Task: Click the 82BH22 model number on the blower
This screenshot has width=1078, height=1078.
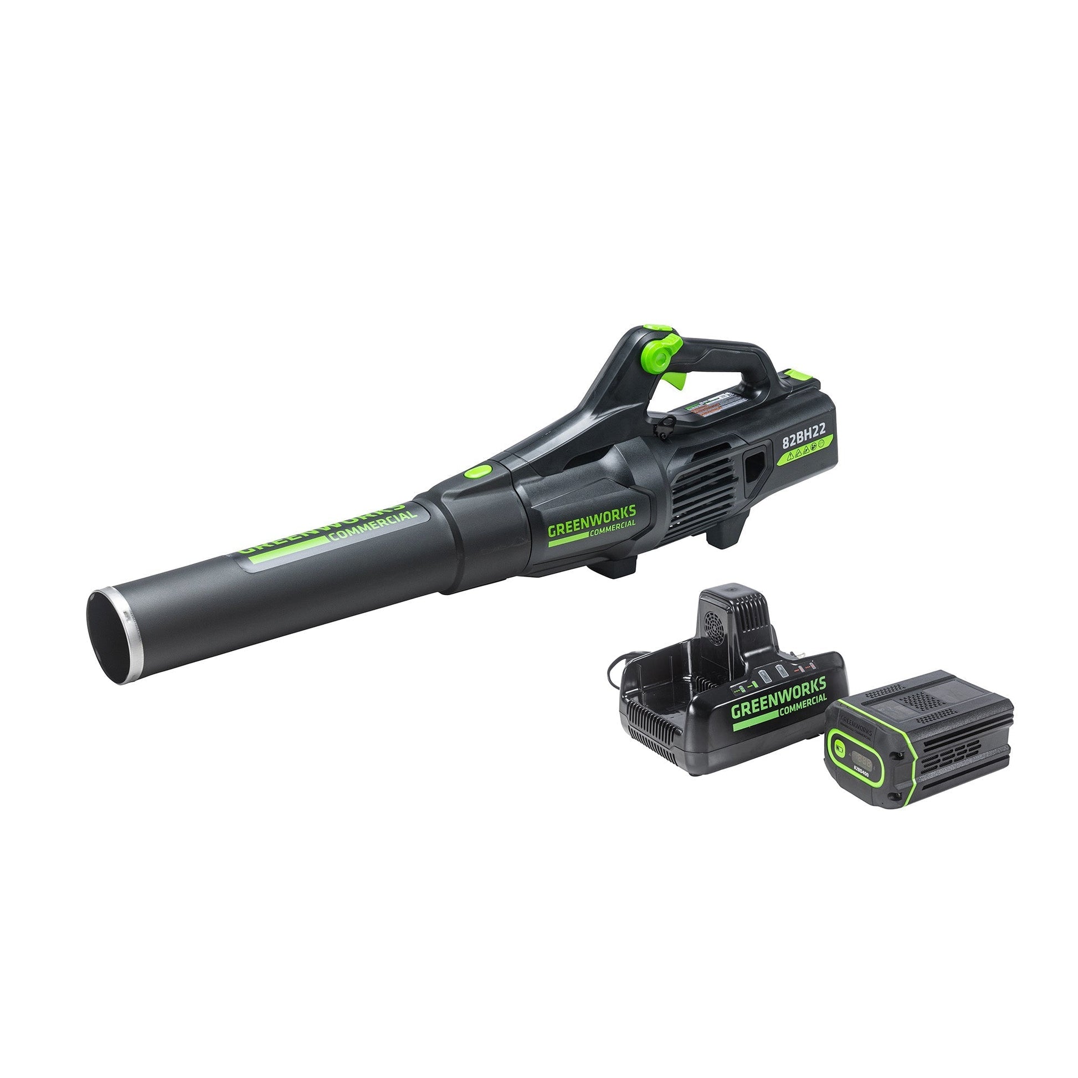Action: point(803,428)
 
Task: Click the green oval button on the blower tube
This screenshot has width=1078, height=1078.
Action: point(478,471)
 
